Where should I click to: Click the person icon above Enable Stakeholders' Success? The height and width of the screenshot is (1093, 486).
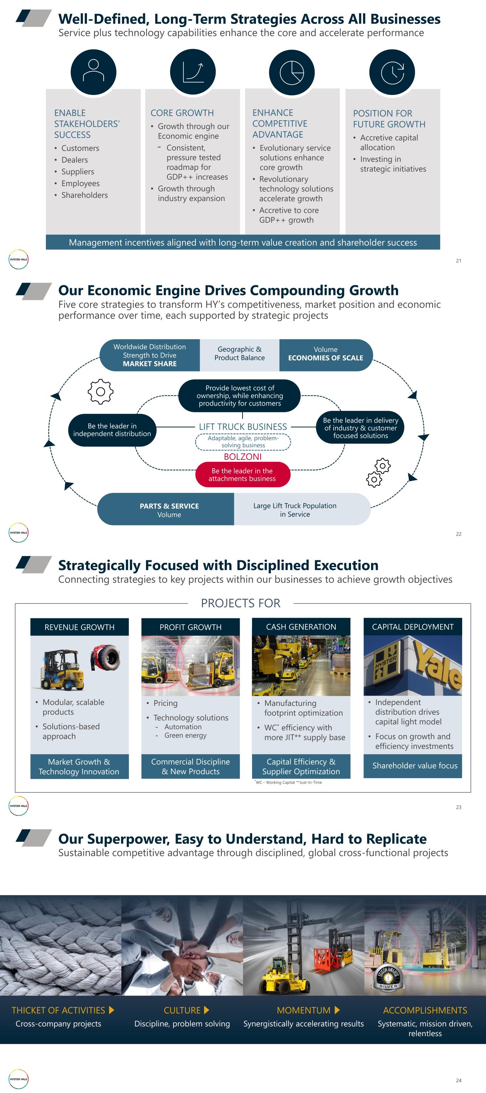point(93,71)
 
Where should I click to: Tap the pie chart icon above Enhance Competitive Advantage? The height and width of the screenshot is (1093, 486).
point(292,72)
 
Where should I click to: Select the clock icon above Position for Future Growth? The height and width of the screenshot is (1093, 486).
point(392,72)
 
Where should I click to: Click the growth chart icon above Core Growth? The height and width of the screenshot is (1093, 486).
point(193,71)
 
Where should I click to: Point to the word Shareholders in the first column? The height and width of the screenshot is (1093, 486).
point(84,195)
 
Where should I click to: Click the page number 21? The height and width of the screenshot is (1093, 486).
point(459,260)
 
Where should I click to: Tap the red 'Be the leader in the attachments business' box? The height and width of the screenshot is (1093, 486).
point(243,474)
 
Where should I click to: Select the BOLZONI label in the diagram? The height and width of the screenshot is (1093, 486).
point(243,456)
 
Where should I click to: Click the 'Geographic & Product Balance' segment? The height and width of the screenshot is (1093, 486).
point(239,353)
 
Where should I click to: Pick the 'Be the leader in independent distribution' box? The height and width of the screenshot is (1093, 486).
point(112,430)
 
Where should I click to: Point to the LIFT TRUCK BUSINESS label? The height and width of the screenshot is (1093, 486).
point(243,427)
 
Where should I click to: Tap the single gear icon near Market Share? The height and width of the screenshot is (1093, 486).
point(101,391)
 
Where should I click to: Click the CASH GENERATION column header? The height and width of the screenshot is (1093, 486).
point(301,627)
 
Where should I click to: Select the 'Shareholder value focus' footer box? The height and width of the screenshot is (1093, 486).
point(415,765)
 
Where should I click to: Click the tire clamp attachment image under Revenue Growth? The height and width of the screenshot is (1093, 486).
point(106,658)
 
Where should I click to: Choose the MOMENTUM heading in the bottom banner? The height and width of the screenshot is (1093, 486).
point(303,1010)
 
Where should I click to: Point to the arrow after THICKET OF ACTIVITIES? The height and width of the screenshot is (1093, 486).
point(112,1010)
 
